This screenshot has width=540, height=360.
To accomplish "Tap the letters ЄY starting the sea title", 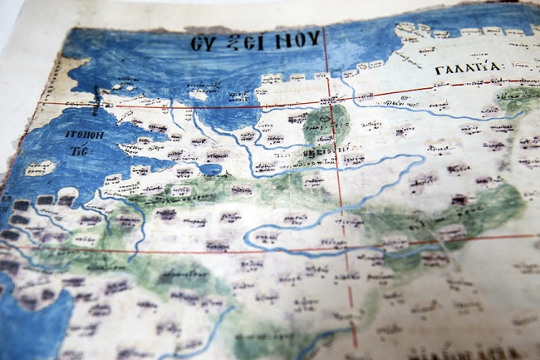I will [202, 43].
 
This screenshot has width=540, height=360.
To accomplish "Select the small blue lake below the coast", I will [210, 170].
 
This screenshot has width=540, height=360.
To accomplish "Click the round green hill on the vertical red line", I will [324, 123].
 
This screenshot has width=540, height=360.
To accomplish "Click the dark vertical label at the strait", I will [100, 98].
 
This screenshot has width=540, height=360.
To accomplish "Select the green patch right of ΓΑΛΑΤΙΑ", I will [520, 97].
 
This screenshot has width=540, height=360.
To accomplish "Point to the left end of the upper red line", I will [42, 103].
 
